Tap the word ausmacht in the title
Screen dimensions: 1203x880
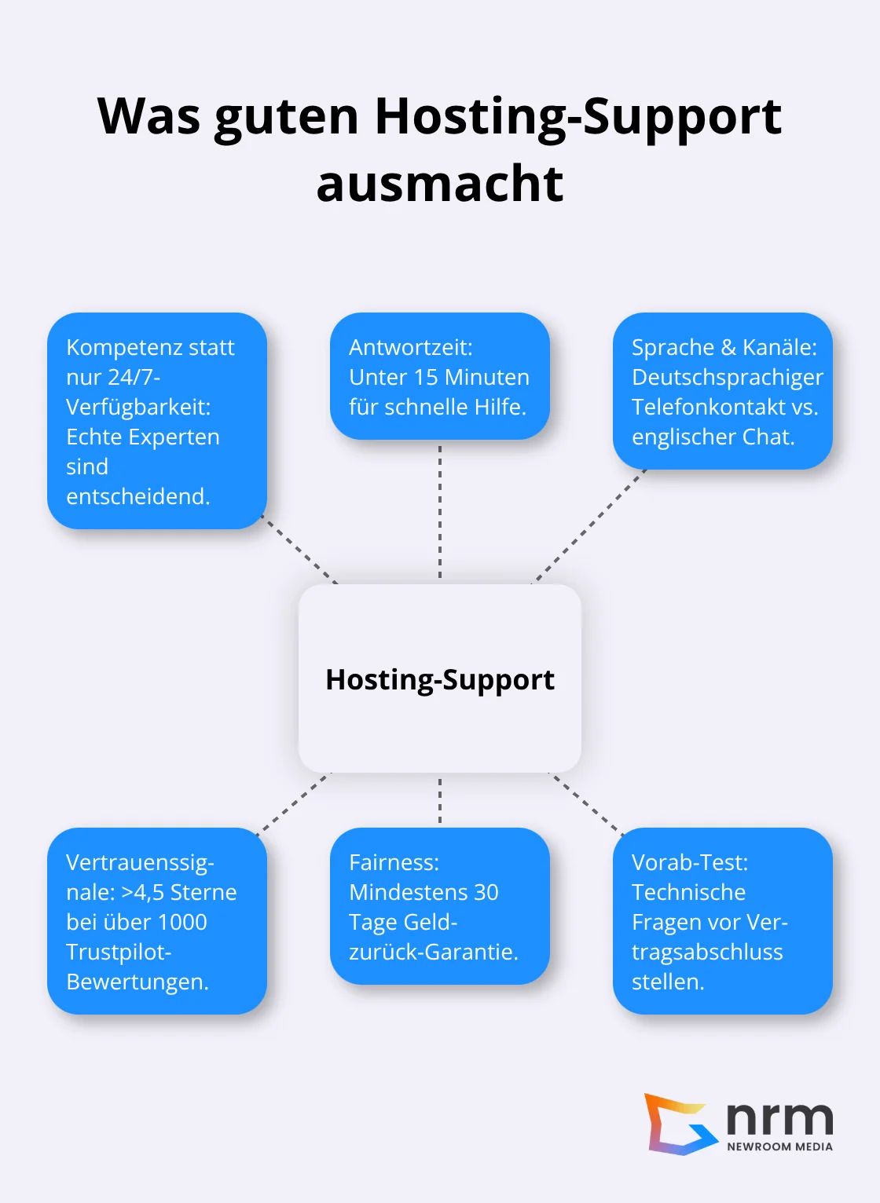coord(440,185)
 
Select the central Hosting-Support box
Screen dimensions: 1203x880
coord(440,678)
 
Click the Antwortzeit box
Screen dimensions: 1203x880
coord(440,376)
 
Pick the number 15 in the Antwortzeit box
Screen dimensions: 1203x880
coord(425,378)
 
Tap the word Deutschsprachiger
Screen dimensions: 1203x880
coord(727,378)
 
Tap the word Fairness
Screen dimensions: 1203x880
coord(394,863)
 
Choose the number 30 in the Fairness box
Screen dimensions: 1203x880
coord(486,893)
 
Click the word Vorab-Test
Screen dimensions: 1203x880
coord(689,863)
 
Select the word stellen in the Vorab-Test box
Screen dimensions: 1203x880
coord(667,982)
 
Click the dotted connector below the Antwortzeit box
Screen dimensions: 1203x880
coord(440,510)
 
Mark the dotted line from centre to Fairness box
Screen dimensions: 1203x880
coord(440,799)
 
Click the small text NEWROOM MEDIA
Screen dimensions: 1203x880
coord(779,1146)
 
